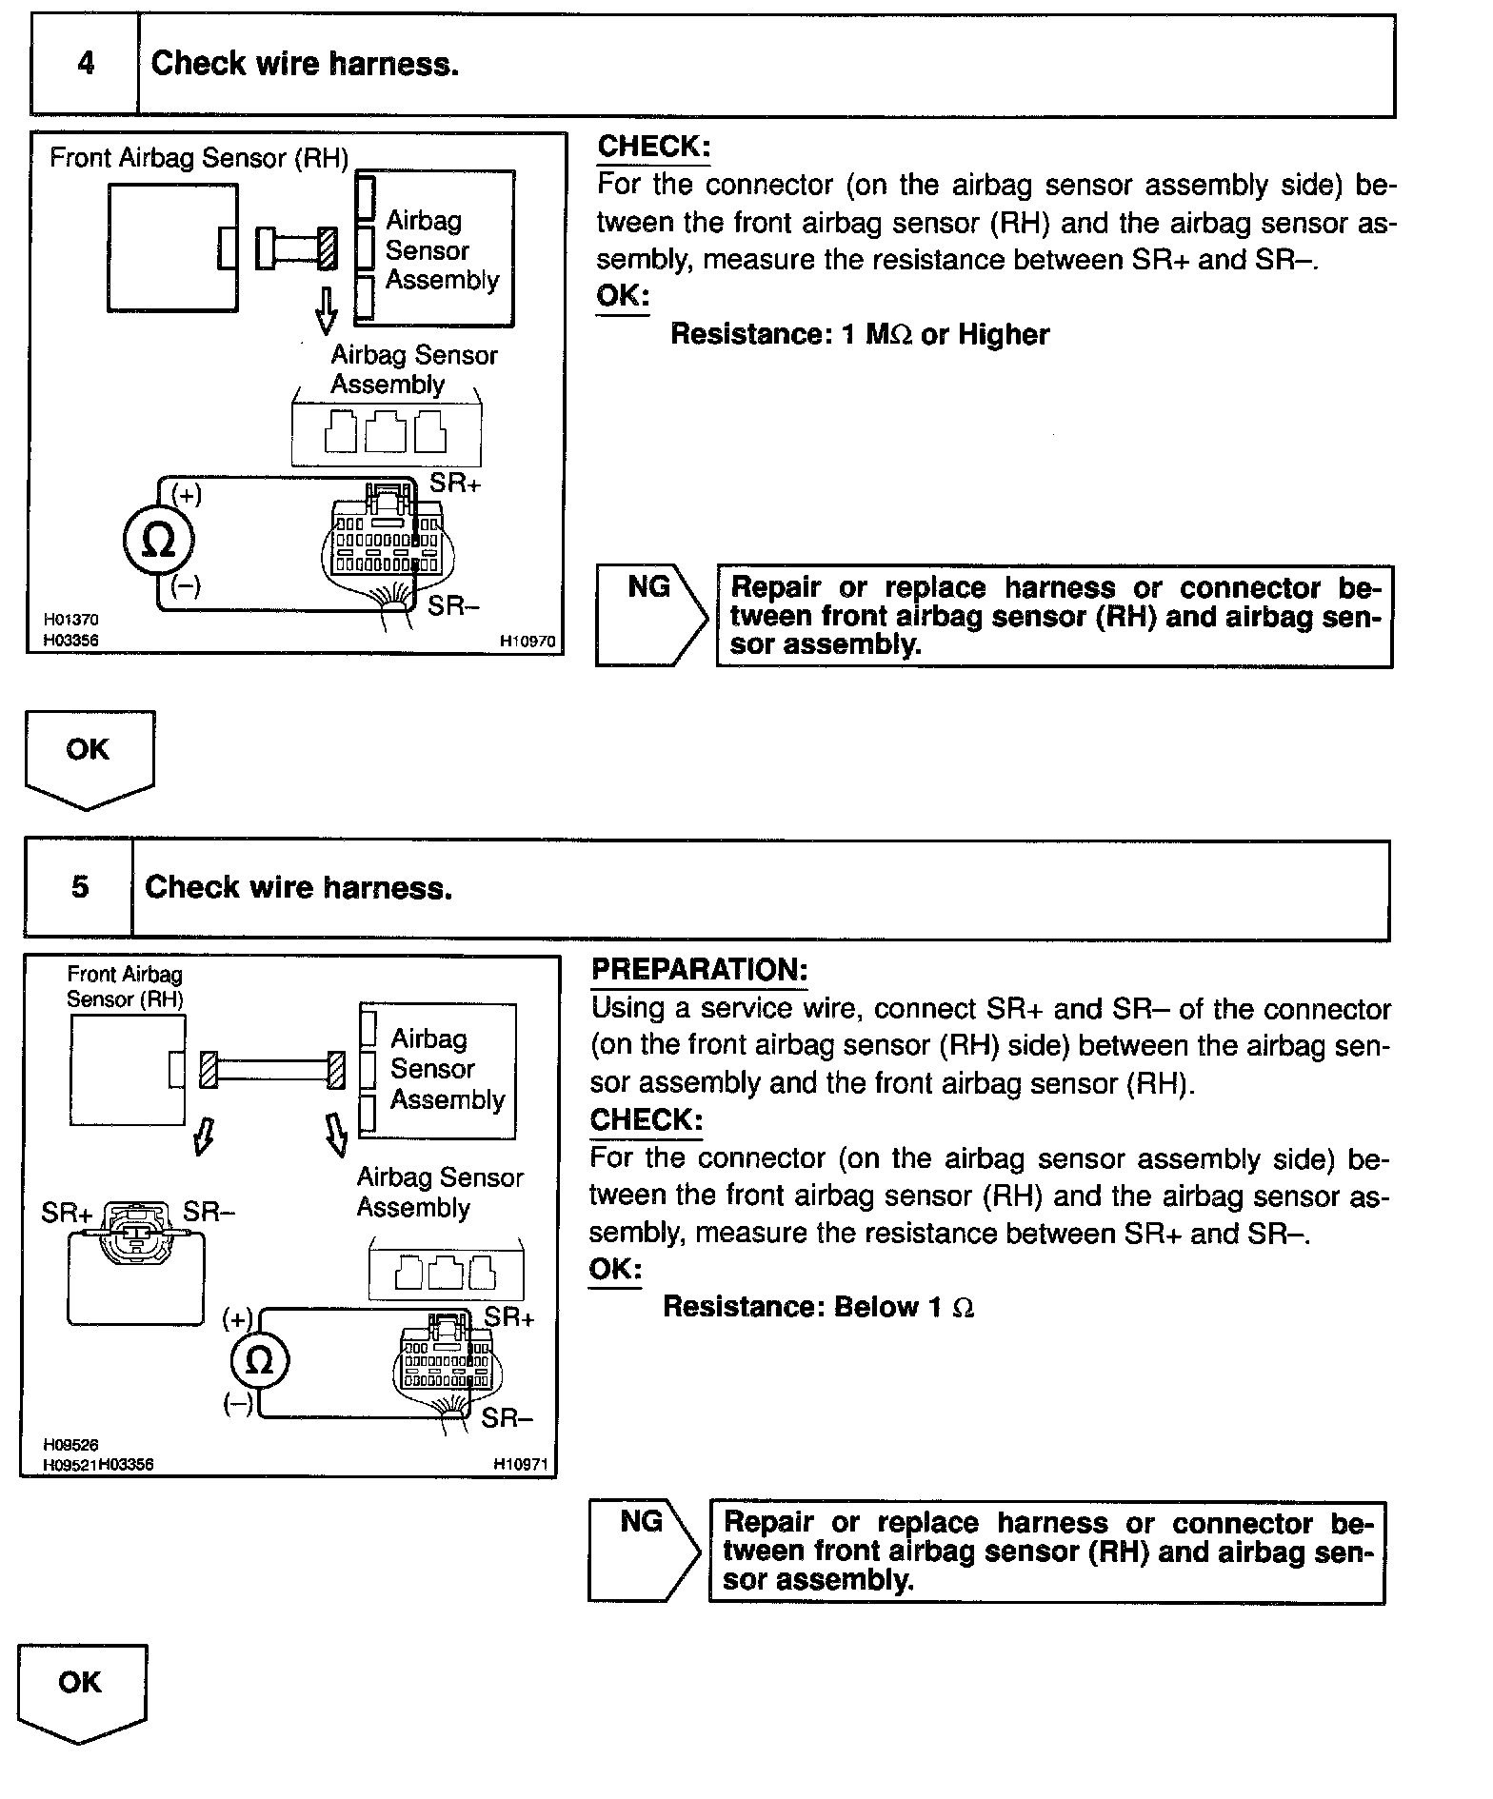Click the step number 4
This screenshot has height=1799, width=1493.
[x=86, y=65]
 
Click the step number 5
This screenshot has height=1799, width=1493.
[x=80, y=888]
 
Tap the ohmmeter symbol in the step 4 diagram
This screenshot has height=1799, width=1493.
[x=158, y=542]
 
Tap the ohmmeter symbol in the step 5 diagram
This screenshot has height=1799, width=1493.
[x=259, y=1361]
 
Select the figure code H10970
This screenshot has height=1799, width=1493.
[x=528, y=642]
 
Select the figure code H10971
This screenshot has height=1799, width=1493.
[x=521, y=1465]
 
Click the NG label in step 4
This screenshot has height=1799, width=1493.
[x=648, y=588]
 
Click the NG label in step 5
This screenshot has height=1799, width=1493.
[x=641, y=1522]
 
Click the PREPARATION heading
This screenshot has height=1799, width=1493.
[x=699, y=970]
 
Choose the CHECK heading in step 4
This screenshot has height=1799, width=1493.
[x=653, y=147]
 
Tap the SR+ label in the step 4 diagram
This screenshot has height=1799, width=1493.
[x=455, y=484]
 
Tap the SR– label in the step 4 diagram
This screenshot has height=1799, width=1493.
[x=453, y=605]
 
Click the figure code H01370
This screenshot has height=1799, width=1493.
[x=71, y=620]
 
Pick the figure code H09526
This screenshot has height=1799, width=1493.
[x=71, y=1445]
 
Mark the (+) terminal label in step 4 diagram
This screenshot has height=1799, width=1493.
[x=186, y=494]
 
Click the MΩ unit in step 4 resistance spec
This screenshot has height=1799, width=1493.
[x=889, y=335]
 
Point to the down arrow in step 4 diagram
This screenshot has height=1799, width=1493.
[x=327, y=310]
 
